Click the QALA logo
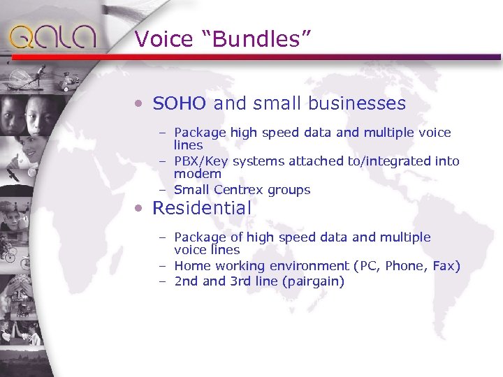click(x=52, y=36)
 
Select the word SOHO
click(x=179, y=104)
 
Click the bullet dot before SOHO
click(x=140, y=105)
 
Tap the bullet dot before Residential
click(x=140, y=209)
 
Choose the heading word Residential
click(x=201, y=208)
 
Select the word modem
click(x=198, y=174)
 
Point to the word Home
click(x=190, y=266)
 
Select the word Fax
click(x=444, y=266)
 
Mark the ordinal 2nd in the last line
click(x=187, y=282)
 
